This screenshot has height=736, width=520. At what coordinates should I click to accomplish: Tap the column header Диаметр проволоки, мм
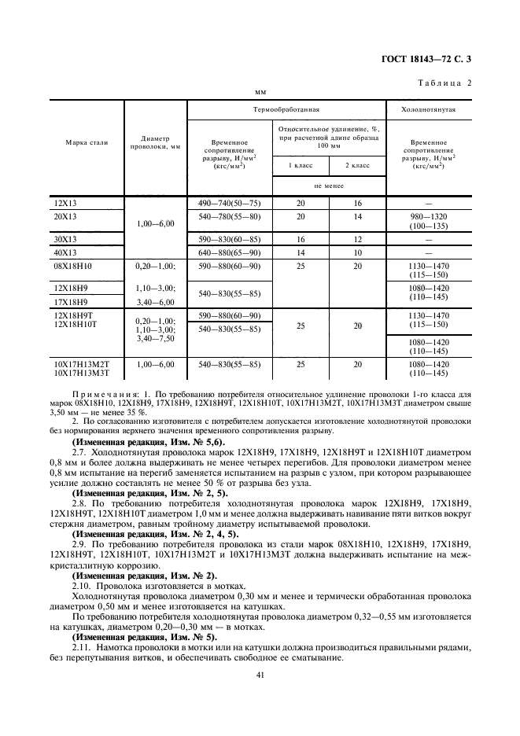pyautogui.click(x=155, y=142)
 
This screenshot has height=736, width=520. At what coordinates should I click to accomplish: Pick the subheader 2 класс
pyautogui.click(x=357, y=166)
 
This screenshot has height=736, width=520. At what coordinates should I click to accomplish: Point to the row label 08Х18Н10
pyautogui.click(x=70, y=266)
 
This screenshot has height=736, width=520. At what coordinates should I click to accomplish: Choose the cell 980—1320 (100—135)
pyautogui.click(x=429, y=220)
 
